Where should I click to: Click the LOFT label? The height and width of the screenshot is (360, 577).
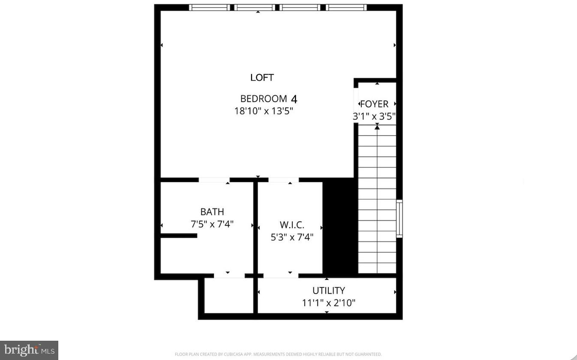tap(262, 78)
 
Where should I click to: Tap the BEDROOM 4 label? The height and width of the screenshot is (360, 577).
tap(268, 99)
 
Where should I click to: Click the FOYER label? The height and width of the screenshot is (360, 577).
tap(374, 104)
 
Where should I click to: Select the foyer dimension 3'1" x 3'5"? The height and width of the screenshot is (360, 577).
tap(374, 116)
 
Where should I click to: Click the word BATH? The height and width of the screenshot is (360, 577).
tap(212, 212)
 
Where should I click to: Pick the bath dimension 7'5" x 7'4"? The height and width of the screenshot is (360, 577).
tap(212, 224)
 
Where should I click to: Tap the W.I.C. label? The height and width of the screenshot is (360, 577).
tap(292, 225)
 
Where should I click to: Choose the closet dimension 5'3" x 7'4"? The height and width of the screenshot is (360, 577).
tap(292, 237)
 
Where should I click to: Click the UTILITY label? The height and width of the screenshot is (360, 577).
tap(328, 291)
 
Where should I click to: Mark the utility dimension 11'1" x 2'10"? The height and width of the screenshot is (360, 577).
tap(328, 303)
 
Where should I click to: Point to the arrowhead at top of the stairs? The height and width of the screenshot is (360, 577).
tap(377, 126)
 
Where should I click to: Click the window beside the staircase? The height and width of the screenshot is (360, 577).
tap(400, 219)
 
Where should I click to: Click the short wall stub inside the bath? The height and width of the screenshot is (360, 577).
tap(179, 235)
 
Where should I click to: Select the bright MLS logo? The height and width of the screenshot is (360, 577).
tap(29, 350)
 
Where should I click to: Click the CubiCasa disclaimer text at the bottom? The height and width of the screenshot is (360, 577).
tap(278, 354)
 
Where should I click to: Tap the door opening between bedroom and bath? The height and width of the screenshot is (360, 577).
tap(214, 180)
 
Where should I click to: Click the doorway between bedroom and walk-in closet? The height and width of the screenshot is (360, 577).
tap(283, 180)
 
